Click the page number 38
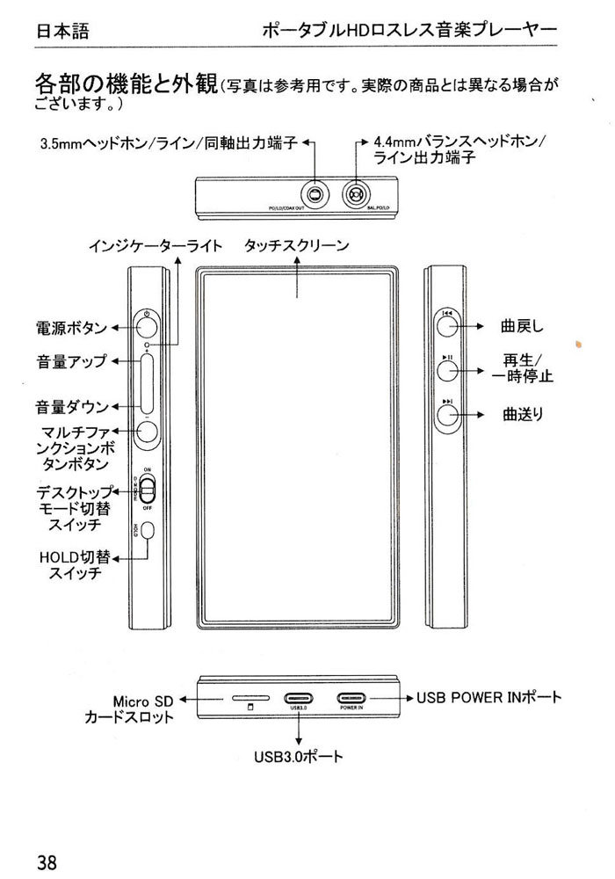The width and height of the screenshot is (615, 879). tap(47, 861)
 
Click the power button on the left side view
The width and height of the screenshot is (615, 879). tap(148, 327)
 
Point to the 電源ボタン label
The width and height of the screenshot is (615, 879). tap(71, 328)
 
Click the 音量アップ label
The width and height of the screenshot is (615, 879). tap(71, 361)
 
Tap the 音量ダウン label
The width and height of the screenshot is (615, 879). tap(71, 407)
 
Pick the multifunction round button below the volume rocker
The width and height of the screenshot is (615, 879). tap(148, 431)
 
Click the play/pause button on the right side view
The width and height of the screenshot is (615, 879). tap(448, 370)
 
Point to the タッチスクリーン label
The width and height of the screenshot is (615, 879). tap(297, 246)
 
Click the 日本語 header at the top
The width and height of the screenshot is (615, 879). tap(61, 33)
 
